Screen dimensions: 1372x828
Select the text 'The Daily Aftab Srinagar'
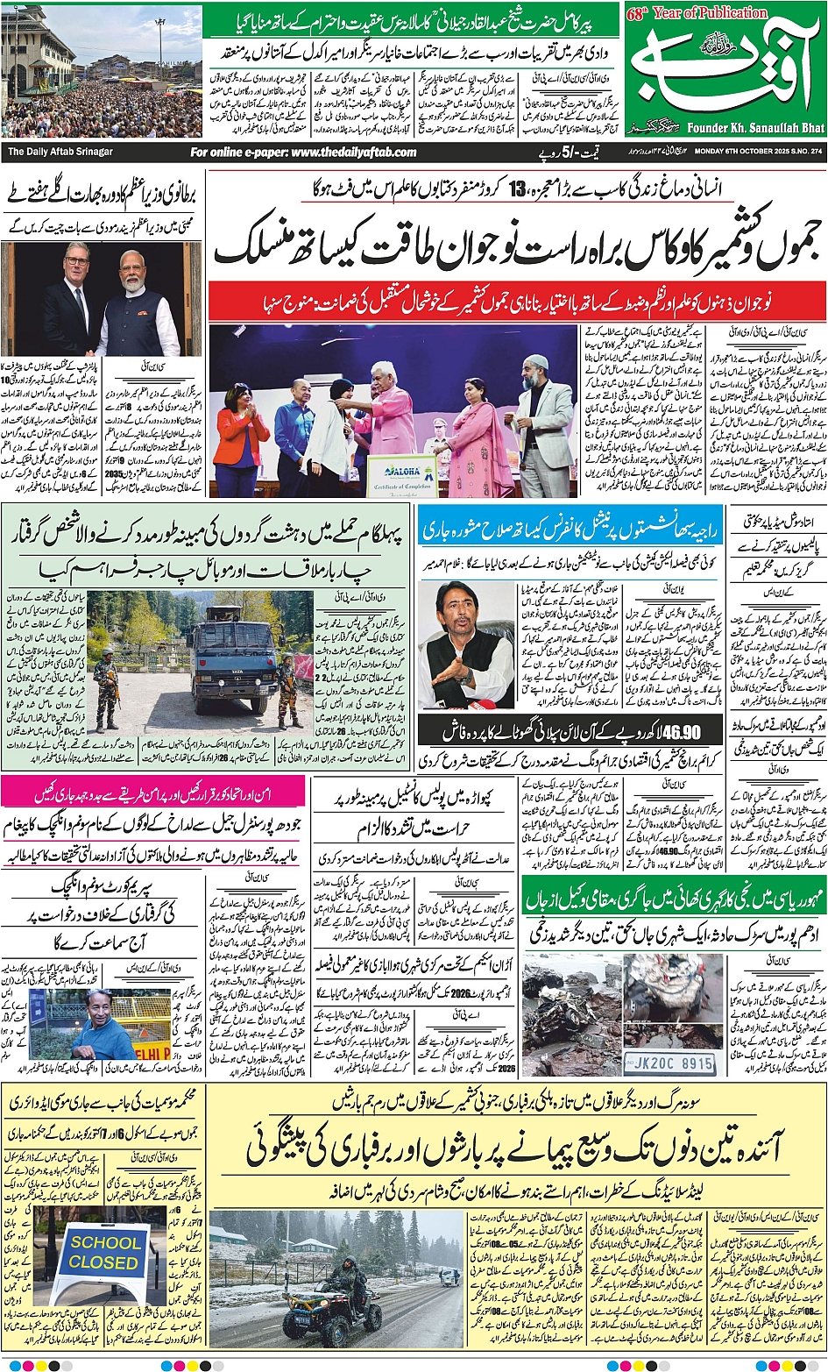(x=60, y=152)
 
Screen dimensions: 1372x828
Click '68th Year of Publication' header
(x=697, y=12)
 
